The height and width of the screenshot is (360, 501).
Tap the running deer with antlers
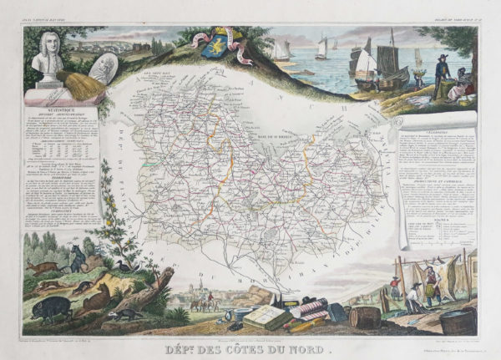(x=42, y=267)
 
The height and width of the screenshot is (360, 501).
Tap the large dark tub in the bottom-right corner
(x=457, y=320)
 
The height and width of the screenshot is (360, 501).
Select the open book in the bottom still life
(x=266, y=317)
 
